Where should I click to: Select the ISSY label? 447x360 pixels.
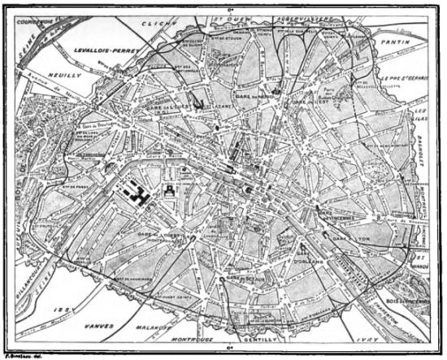[x=56, y=310]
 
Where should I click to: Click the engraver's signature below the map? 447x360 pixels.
[x=23, y=354]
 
